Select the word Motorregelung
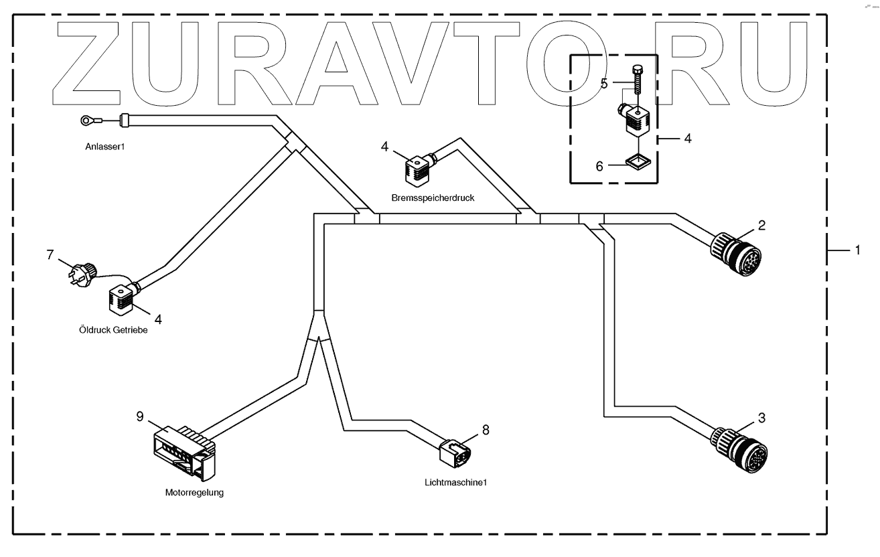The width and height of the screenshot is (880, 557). [x=194, y=493]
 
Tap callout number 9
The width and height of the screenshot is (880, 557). [x=140, y=416]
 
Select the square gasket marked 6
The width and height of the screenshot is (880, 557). [x=636, y=163]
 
